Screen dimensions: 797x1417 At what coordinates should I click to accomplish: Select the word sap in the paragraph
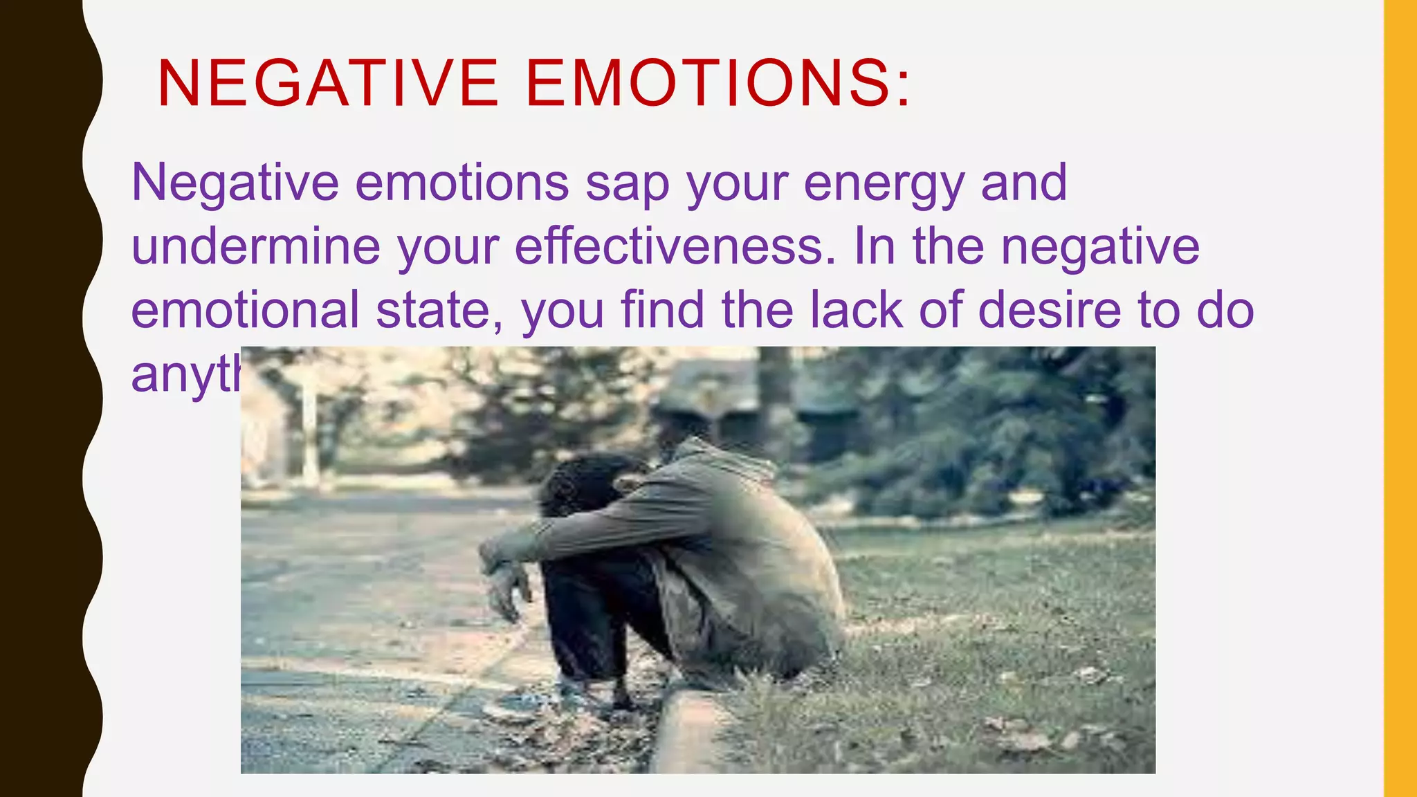point(627,184)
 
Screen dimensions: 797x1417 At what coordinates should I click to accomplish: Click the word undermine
point(255,247)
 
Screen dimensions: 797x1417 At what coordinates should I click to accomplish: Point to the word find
point(662,310)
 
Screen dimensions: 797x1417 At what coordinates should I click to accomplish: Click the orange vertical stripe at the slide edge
point(1400,398)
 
